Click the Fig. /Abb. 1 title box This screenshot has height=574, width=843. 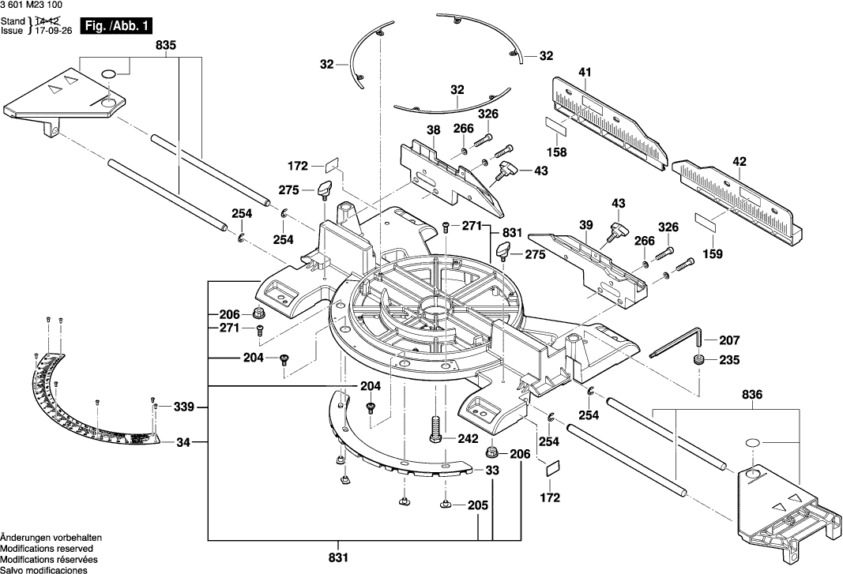(115, 26)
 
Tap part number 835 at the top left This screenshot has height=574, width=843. (166, 46)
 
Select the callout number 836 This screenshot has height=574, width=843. (751, 395)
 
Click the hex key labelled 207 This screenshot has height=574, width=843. (675, 342)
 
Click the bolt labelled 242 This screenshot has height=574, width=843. (436, 430)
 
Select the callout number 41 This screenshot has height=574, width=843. (585, 72)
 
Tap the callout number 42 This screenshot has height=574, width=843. (740, 161)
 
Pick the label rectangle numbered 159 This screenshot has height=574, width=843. (706, 222)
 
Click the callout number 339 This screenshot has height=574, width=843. (183, 407)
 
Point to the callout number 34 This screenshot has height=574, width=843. (183, 443)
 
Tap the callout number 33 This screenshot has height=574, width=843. (492, 471)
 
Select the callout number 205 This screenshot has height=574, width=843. (477, 505)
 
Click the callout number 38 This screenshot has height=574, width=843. (433, 130)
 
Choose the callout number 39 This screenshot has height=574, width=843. (585, 225)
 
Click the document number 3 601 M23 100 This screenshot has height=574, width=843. (31, 6)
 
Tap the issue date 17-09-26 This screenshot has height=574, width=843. (53, 31)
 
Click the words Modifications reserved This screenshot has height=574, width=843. (47, 549)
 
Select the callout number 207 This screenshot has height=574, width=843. (729, 340)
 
